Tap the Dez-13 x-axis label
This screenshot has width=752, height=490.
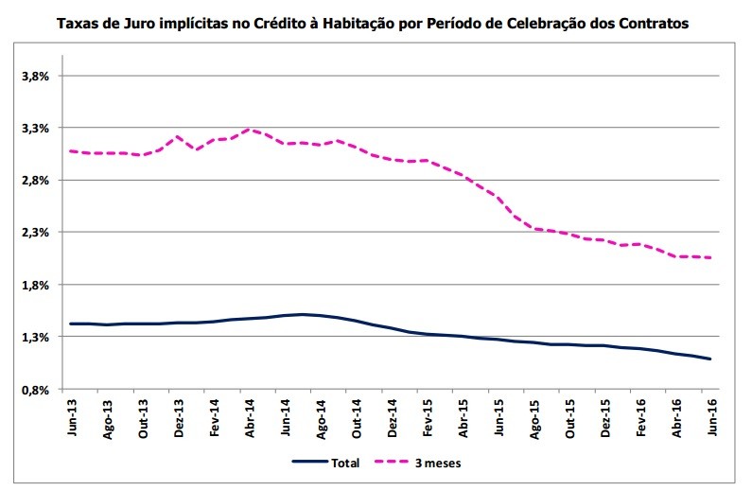coord(180,416)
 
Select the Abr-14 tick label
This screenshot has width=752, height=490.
coord(251,416)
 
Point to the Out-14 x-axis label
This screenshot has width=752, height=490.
coord(358,416)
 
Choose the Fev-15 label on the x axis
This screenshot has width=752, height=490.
coord(428,416)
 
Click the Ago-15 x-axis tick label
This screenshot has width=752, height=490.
coord(534,416)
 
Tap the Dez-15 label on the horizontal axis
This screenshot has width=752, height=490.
coord(605,416)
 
